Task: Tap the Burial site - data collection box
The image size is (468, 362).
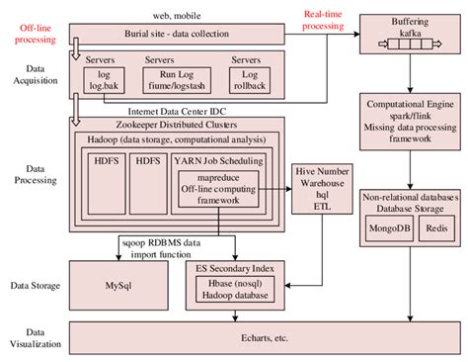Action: [174, 35]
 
